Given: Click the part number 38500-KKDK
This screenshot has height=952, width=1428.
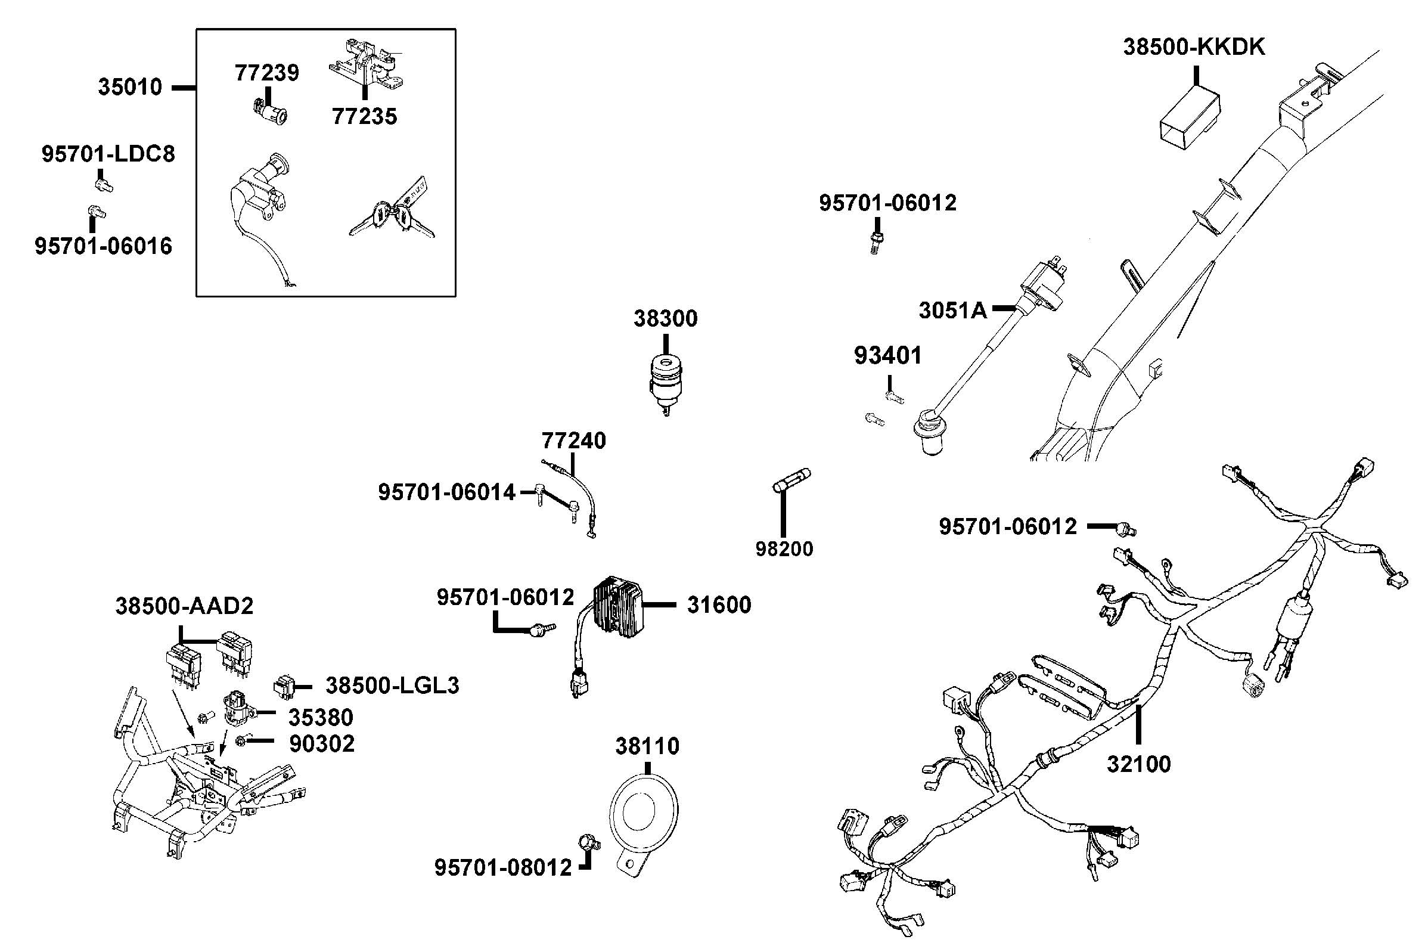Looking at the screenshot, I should coord(1193,47).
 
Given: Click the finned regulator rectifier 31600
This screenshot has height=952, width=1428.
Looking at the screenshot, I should coord(618,607).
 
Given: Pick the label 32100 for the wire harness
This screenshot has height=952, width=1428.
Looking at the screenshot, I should coord(1138,764).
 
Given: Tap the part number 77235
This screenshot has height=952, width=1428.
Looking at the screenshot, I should coord(364,117).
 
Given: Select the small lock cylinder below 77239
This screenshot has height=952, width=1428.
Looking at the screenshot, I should coord(269,111).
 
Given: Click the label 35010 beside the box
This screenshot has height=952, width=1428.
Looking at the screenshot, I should coord(130,88).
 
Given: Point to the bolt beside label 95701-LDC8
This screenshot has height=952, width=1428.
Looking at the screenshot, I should coord(104,184).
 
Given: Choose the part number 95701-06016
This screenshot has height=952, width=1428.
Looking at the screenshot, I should coord(103,247).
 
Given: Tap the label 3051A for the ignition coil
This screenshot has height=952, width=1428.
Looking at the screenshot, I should coord(952,310).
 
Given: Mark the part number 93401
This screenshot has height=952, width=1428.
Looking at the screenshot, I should coord(887,356).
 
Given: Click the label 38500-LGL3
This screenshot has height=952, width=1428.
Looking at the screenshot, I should coord(392,686).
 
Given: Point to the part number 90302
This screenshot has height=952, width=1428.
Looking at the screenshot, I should coord(322,744).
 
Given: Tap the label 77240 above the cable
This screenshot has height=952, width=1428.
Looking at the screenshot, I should coord(573,441).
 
